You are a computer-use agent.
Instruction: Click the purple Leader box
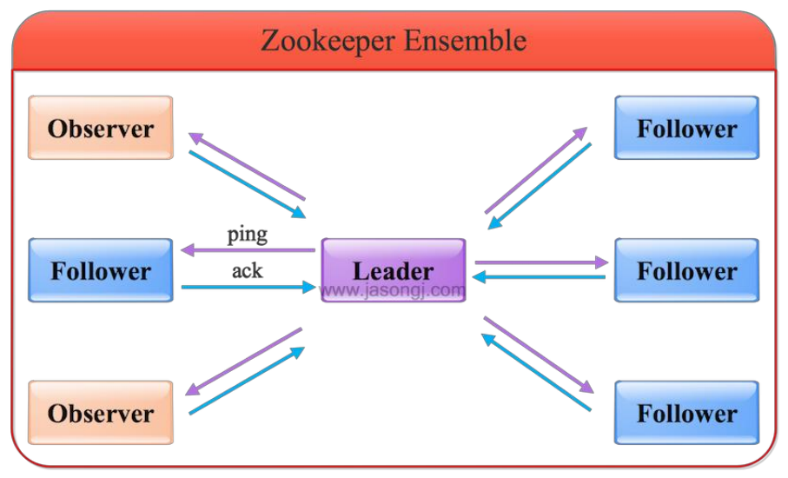[x=393, y=269]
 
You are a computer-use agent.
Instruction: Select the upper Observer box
[x=101, y=128]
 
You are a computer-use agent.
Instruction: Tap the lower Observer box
[x=101, y=412]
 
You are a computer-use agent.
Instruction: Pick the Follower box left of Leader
[x=101, y=270]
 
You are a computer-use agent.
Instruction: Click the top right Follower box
[x=686, y=128]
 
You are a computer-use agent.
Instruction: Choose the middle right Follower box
[x=686, y=270]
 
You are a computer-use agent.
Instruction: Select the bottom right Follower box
[x=686, y=412]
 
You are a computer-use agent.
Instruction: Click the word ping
[x=247, y=234]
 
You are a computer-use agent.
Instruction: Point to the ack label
[x=247, y=270]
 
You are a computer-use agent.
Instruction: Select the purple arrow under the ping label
[x=248, y=251]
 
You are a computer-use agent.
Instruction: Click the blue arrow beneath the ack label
[x=248, y=287]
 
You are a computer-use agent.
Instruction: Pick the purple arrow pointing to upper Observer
[x=247, y=166]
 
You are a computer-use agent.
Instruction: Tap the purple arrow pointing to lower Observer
[x=243, y=362]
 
